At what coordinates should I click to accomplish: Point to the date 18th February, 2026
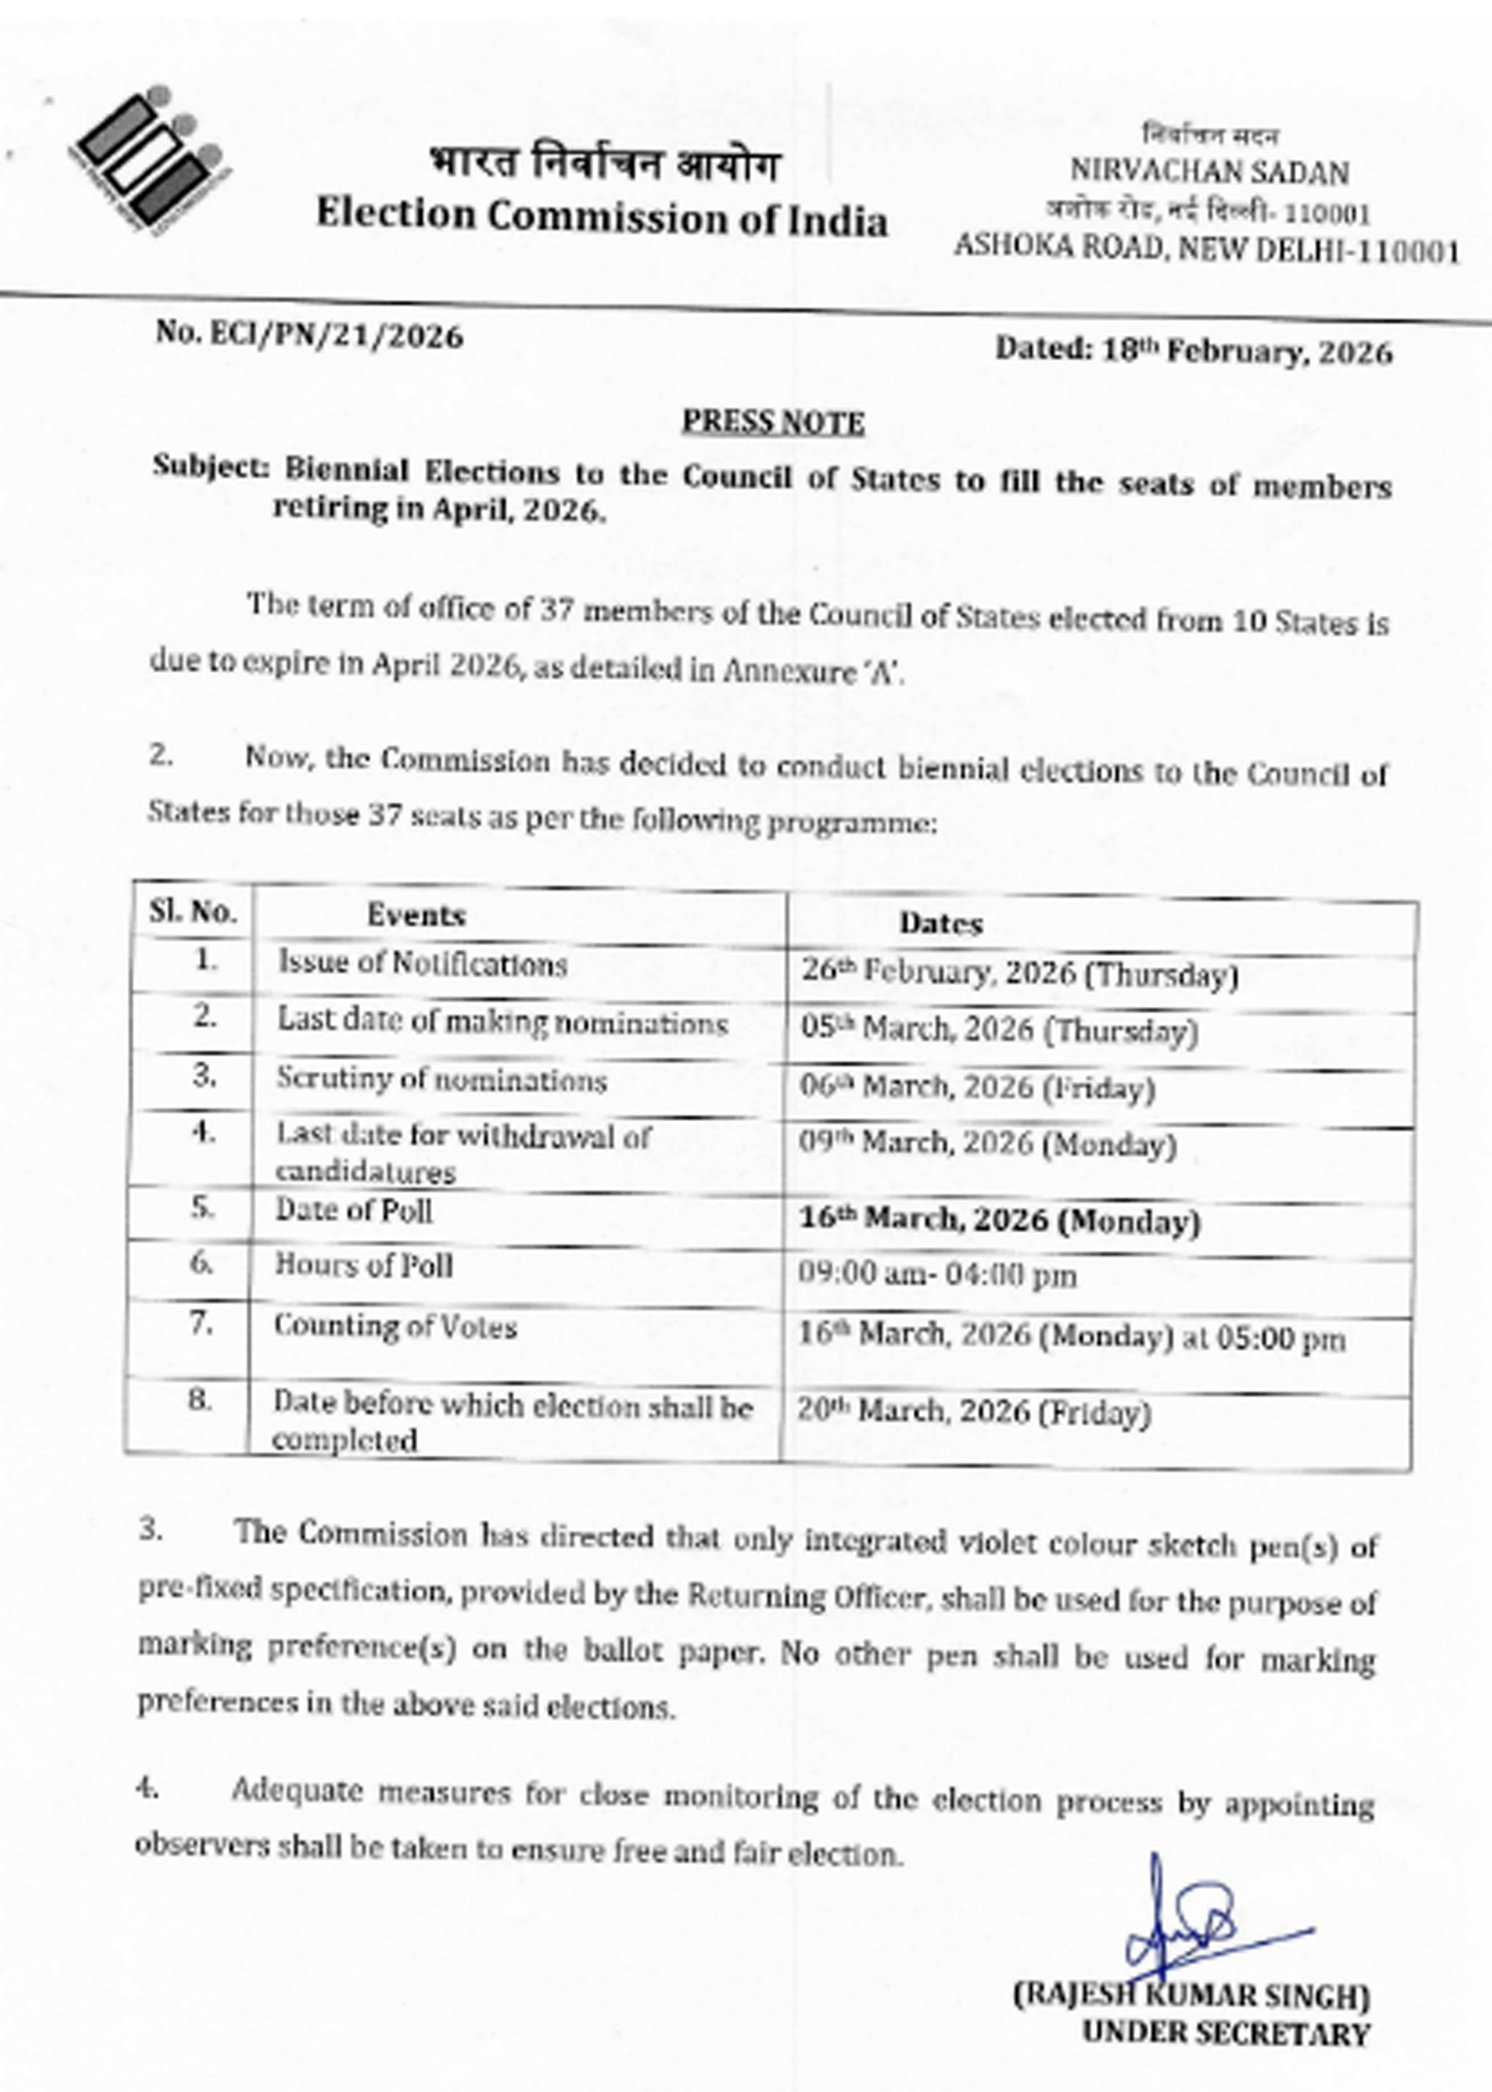click(1194, 350)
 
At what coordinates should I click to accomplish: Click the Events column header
click(416, 914)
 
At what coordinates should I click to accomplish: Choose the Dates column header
click(941, 922)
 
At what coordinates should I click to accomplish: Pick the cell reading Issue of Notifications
click(423, 964)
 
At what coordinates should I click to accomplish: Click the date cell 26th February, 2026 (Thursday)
click(1019, 973)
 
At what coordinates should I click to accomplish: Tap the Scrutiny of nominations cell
click(442, 1079)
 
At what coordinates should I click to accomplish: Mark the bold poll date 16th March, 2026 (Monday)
click(1000, 1220)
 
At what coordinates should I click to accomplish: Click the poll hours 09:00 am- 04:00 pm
click(937, 1275)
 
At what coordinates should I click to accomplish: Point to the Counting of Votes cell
click(395, 1326)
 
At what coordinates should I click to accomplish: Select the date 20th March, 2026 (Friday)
click(974, 1411)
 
